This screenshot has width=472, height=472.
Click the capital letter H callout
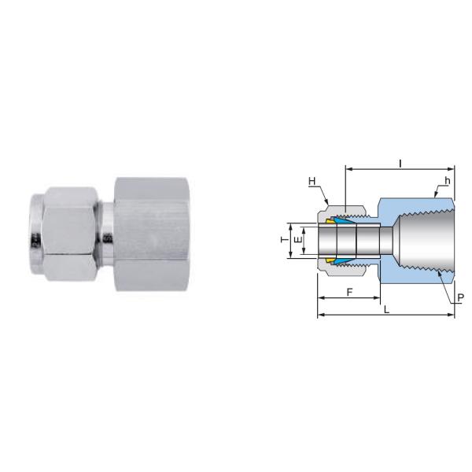pos(312,182)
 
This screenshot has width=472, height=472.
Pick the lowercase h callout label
pos(447,180)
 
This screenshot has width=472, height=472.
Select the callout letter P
pos(459,298)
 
